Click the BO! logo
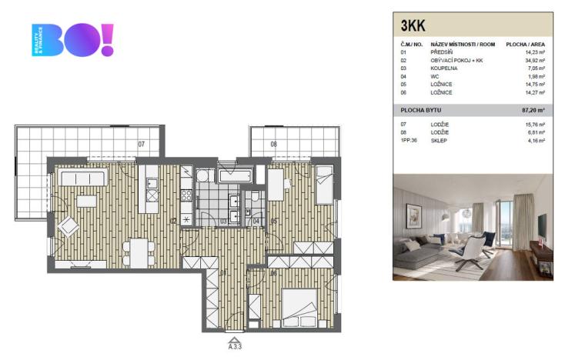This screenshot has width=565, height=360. point(73,40)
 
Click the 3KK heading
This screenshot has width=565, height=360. point(413,26)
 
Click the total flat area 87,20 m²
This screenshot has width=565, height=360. point(532,111)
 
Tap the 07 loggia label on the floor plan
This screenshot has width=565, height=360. point(141,144)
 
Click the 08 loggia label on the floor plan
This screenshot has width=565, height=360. point(273,144)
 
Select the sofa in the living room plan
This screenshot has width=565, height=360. point(83,178)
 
